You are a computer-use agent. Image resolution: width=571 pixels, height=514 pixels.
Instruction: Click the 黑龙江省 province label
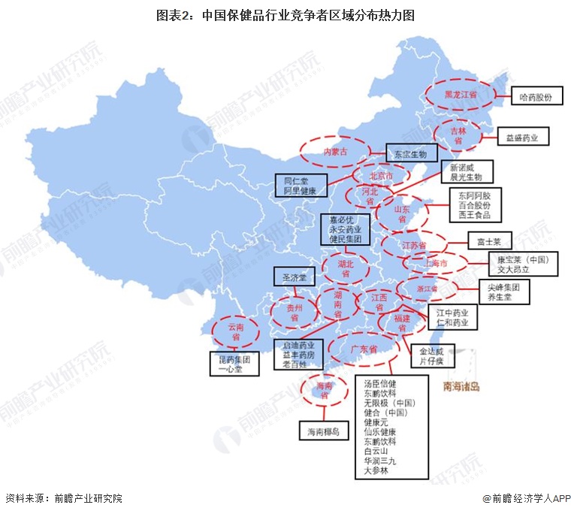(459, 95)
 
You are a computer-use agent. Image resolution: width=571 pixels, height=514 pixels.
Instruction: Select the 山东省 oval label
(403, 213)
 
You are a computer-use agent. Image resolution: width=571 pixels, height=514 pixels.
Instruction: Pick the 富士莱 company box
(489, 243)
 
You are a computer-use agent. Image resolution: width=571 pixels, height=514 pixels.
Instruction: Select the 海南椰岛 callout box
(323, 432)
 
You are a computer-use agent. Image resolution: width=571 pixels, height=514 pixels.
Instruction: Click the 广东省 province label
(363, 350)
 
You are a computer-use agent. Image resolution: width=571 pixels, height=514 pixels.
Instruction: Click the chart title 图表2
(285, 14)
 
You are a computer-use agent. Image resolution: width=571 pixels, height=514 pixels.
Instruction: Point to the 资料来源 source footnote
(63, 498)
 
